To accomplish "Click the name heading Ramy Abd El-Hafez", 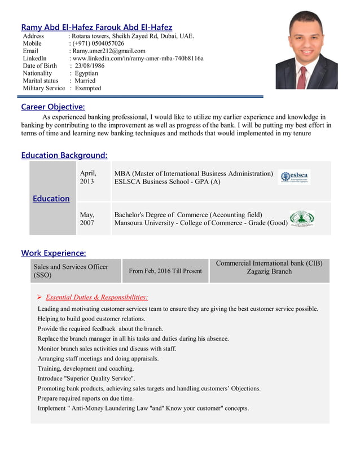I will [96, 27].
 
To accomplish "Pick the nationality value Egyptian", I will [85, 73].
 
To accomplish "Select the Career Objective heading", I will [53, 107].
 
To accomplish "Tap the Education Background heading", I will [64, 155].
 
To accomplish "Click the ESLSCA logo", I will [295, 177].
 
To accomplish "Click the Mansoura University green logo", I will [301, 219].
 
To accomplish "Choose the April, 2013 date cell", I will [88, 178].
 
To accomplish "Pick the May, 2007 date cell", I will [87, 219].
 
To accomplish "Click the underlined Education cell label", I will [51, 199].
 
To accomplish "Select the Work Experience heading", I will [54, 253].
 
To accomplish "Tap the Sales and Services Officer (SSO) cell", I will [71, 271].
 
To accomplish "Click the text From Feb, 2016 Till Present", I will [165, 271].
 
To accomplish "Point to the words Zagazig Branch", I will [269, 271].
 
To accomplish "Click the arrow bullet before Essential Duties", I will [39, 297].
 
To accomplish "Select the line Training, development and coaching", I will [86, 368].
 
